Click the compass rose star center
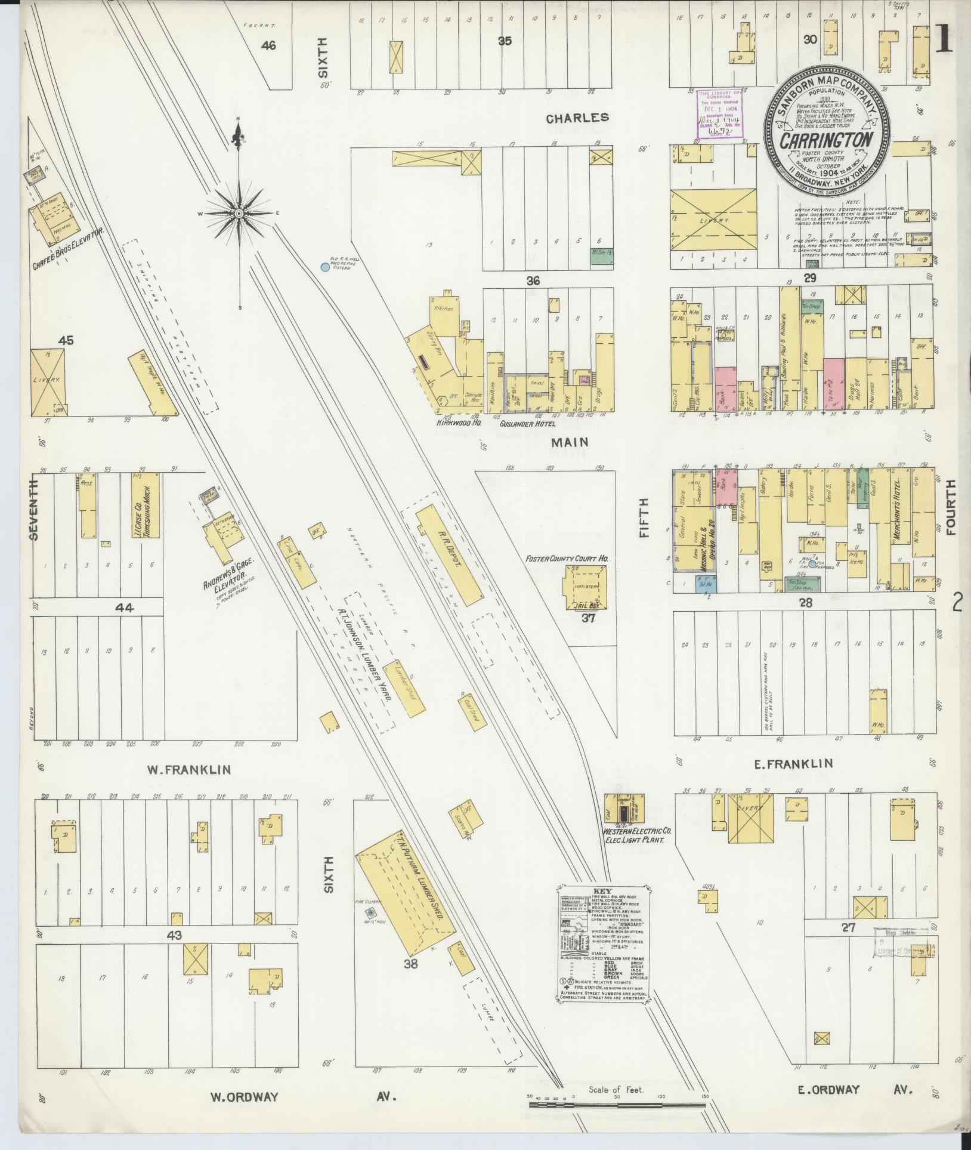click(x=238, y=213)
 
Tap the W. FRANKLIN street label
click(x=188, y=770)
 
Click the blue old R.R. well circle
click(x=324, y=267)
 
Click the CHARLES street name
click(x=578, y=118)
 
